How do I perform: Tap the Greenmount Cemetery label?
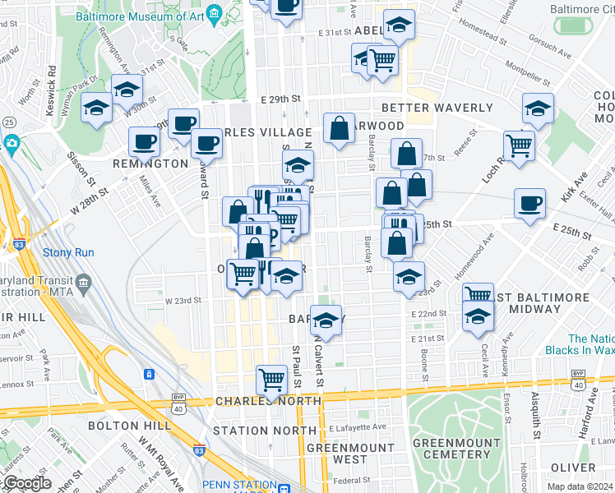451,449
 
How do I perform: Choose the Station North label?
252,431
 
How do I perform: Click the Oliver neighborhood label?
573,467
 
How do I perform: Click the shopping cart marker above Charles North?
271,379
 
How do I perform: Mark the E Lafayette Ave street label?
357,427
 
